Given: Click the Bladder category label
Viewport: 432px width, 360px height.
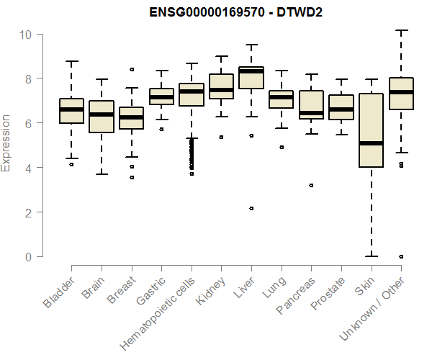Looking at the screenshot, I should click(x=59, y=292).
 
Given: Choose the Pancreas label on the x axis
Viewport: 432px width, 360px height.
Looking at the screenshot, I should click(x=294, y=294).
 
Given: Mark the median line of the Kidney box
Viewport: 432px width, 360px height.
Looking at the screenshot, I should click(x=221, y=90).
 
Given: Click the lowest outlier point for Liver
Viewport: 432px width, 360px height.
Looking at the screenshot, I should click(x=251, y=208).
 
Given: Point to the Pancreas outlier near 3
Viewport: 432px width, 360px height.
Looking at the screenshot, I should click(x=311, y=185).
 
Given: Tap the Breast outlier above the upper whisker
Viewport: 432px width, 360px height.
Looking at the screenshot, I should click(x=131, y=70).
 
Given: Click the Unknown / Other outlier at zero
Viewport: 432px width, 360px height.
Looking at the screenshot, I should click(x=401, y=256).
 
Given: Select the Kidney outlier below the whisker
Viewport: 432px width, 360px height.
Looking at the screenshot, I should click(x=221, y=137).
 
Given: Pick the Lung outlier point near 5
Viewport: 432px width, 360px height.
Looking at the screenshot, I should click(x=281, y=147).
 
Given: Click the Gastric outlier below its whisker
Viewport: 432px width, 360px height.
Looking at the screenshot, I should click(x=161, y=129).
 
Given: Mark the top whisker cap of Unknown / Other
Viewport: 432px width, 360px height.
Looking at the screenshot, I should click(x=401, y=31).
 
